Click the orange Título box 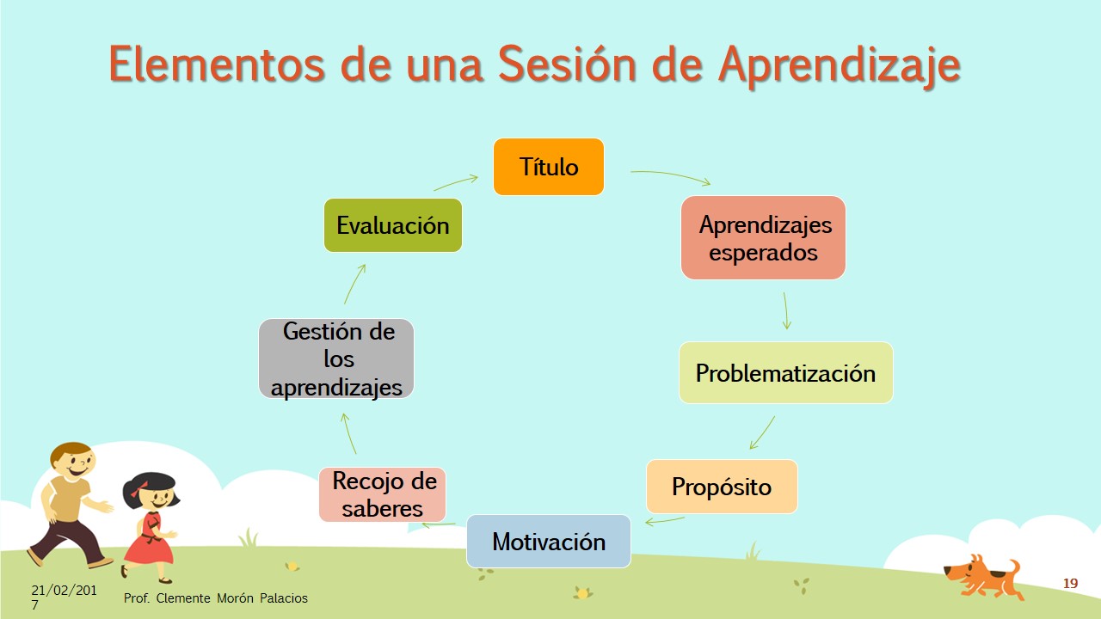549,167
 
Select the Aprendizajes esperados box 763,238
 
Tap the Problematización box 786,373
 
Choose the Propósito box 722,487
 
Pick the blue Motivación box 549,542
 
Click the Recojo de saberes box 383,494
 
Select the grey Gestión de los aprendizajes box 336,359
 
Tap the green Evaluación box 393,225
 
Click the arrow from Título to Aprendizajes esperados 672,175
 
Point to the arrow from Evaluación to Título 456,182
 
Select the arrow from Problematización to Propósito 762,433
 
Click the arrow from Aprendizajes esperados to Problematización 785,310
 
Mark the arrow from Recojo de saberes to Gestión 348,432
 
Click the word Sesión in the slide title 567,64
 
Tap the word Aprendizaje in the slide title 839,66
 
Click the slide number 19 1071,584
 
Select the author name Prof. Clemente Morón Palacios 215,598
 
